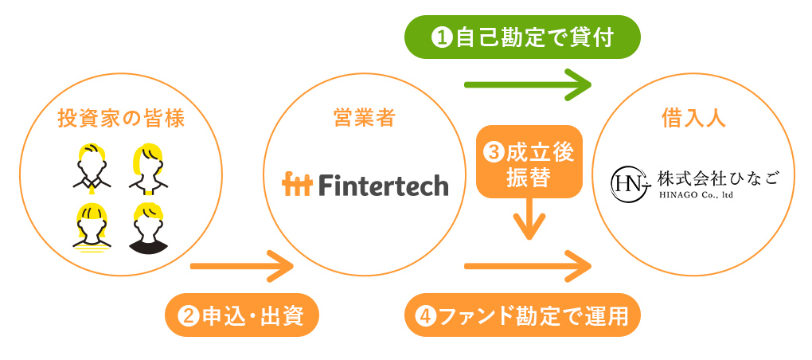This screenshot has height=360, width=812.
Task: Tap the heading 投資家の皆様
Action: coord(121,119)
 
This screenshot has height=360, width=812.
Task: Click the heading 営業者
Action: coord(364,119)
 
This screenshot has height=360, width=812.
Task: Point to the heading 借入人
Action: coord(693,119)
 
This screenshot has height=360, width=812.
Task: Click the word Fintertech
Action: coord(383,185)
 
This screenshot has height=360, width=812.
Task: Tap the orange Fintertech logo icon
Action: coord(298,185)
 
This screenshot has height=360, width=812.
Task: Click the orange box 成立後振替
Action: coord(529,162)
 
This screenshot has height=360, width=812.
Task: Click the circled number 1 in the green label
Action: coord(440,37)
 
